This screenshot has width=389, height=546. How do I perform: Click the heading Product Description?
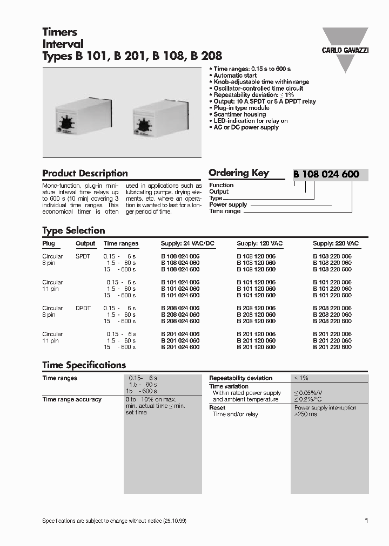85,173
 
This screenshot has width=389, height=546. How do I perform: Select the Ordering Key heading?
238,173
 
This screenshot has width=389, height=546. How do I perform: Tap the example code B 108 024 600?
326,174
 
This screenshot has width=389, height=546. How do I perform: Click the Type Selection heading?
73,230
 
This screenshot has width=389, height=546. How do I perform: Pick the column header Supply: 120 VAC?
259,243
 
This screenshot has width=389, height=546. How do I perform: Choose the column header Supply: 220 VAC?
336,243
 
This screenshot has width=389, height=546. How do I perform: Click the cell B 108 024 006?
180,256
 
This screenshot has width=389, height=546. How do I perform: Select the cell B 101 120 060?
256,289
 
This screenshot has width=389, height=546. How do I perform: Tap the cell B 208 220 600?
332,321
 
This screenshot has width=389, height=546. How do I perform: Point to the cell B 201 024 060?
180,340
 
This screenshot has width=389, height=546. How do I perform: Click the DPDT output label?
83,308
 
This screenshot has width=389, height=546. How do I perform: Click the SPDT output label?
83,256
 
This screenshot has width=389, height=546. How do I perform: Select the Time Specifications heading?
84,365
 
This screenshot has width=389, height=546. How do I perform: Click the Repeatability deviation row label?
240,378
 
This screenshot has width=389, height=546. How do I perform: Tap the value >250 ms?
305,414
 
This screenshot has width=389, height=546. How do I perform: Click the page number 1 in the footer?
366,520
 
